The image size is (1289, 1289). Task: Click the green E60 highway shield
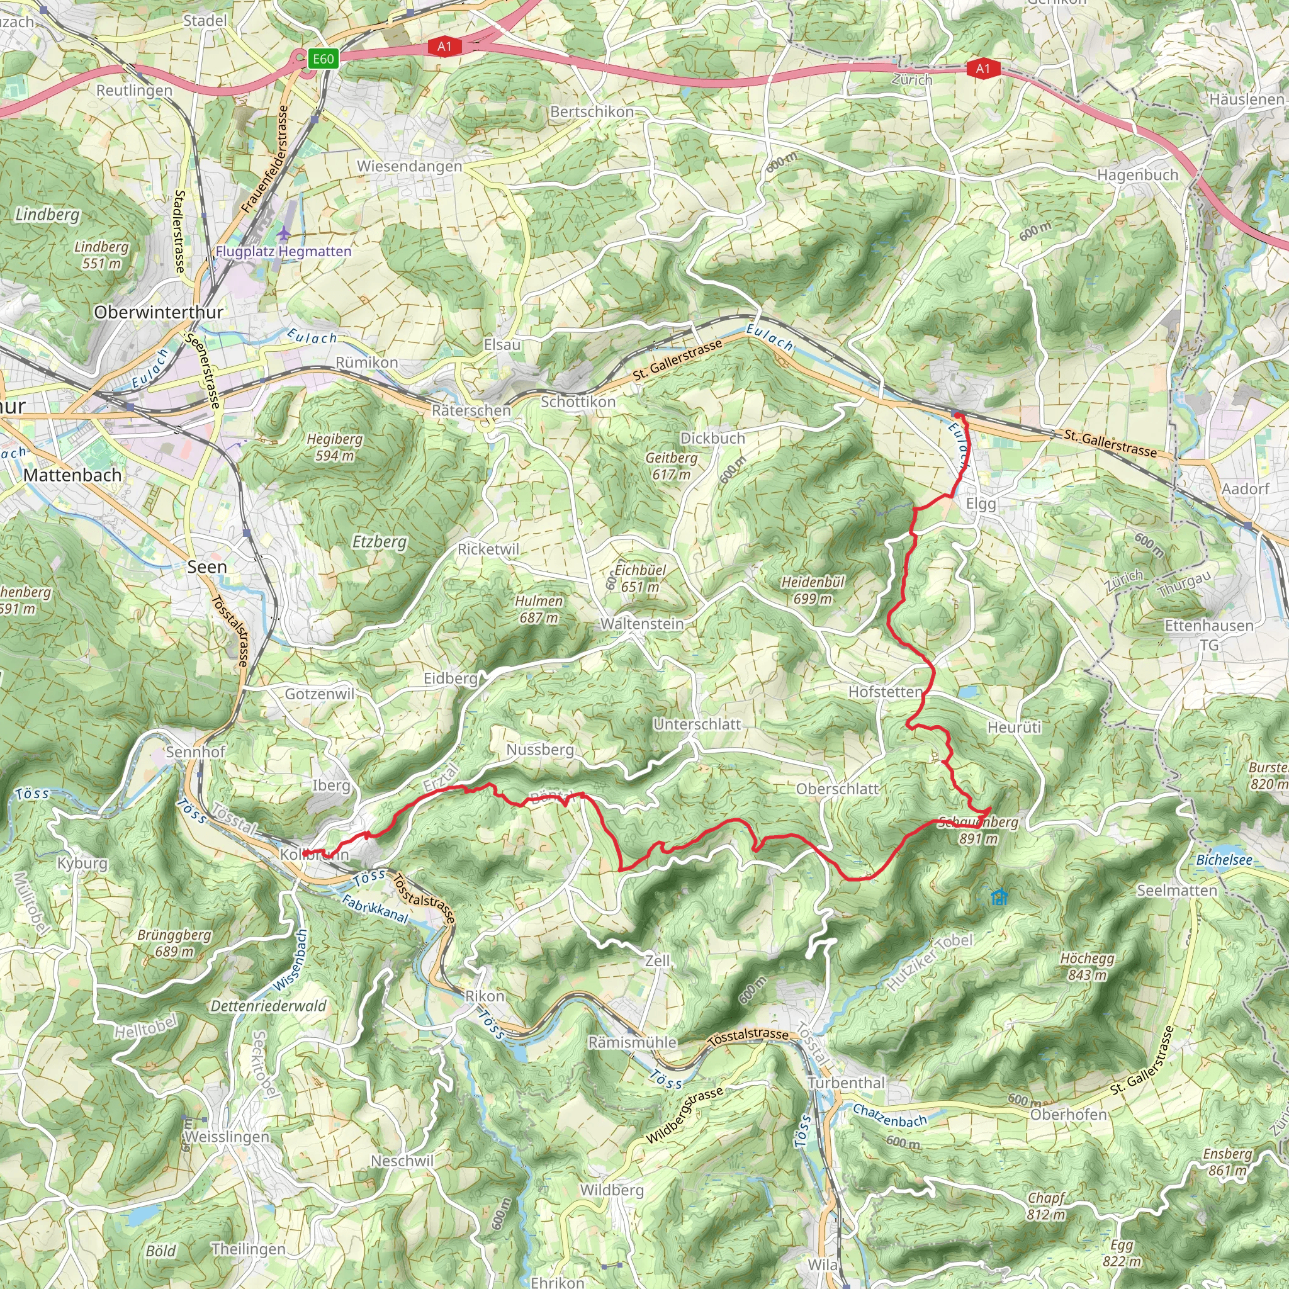[324, 59]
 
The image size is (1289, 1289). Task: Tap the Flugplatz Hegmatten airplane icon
[284, 234]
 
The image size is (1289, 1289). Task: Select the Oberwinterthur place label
[158, 312]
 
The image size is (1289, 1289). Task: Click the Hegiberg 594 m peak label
[335, 447]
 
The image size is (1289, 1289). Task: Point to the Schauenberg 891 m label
[978, 830]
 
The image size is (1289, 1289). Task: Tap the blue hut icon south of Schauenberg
[999, 898]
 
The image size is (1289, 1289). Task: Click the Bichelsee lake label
[1224, 860]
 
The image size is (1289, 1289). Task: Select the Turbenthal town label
[846, 1082]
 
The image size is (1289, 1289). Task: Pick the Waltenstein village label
[642, 624]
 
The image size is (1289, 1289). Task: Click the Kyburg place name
[82, 863]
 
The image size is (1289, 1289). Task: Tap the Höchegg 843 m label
[1088, 966]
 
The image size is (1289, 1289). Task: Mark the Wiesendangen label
[409, 166]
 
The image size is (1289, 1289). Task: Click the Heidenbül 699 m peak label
[813, 590]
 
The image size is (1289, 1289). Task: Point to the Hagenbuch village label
[1137, 175]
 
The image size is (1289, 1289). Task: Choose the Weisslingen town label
[227, 1136]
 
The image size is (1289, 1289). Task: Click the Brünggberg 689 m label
[174, 943]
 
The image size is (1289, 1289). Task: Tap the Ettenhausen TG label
[1209, 634]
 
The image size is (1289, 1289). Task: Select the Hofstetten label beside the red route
[885, 692]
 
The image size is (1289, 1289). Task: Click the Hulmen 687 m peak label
[538, 609]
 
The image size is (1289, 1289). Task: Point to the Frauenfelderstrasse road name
[266, 159]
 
